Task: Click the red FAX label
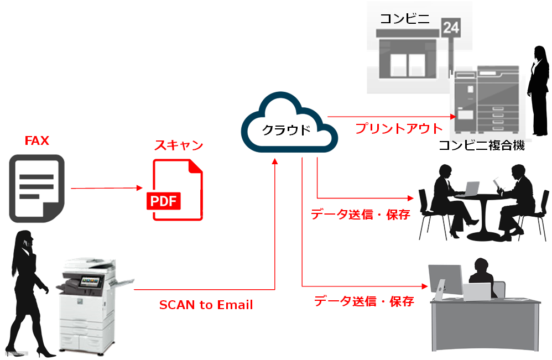click(37, 140)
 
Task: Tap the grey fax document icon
click(37, 189)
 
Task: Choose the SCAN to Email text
click(206, 305)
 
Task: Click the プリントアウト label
click(398, 129)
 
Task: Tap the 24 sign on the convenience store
click(451, 27)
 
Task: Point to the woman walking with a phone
click(28, 288)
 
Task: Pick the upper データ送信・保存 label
click(360, 215)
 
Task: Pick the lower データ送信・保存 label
click(364, 301)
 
